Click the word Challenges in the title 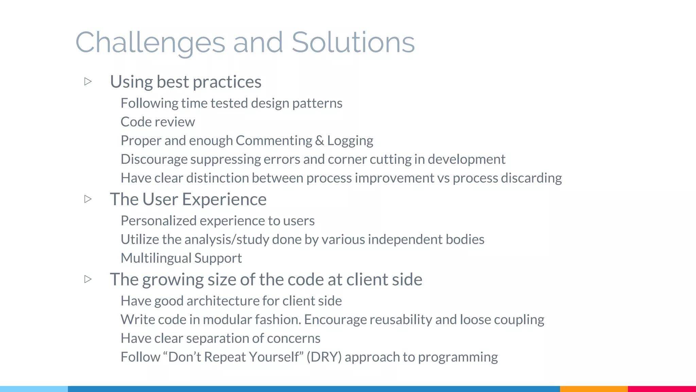click(150, 43)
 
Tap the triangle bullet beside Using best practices click(88, 81)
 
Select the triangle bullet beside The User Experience click(88, 199)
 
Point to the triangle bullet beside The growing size click(88, 279)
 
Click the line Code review click(158, 122)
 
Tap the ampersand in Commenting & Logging click(319, 141)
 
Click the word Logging click(350, 141)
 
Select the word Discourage click(154, 159)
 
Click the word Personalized click(158, 221)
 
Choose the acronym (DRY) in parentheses click(324, 357)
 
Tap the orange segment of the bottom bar click(593, 389)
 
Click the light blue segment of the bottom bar click(34, 389)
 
